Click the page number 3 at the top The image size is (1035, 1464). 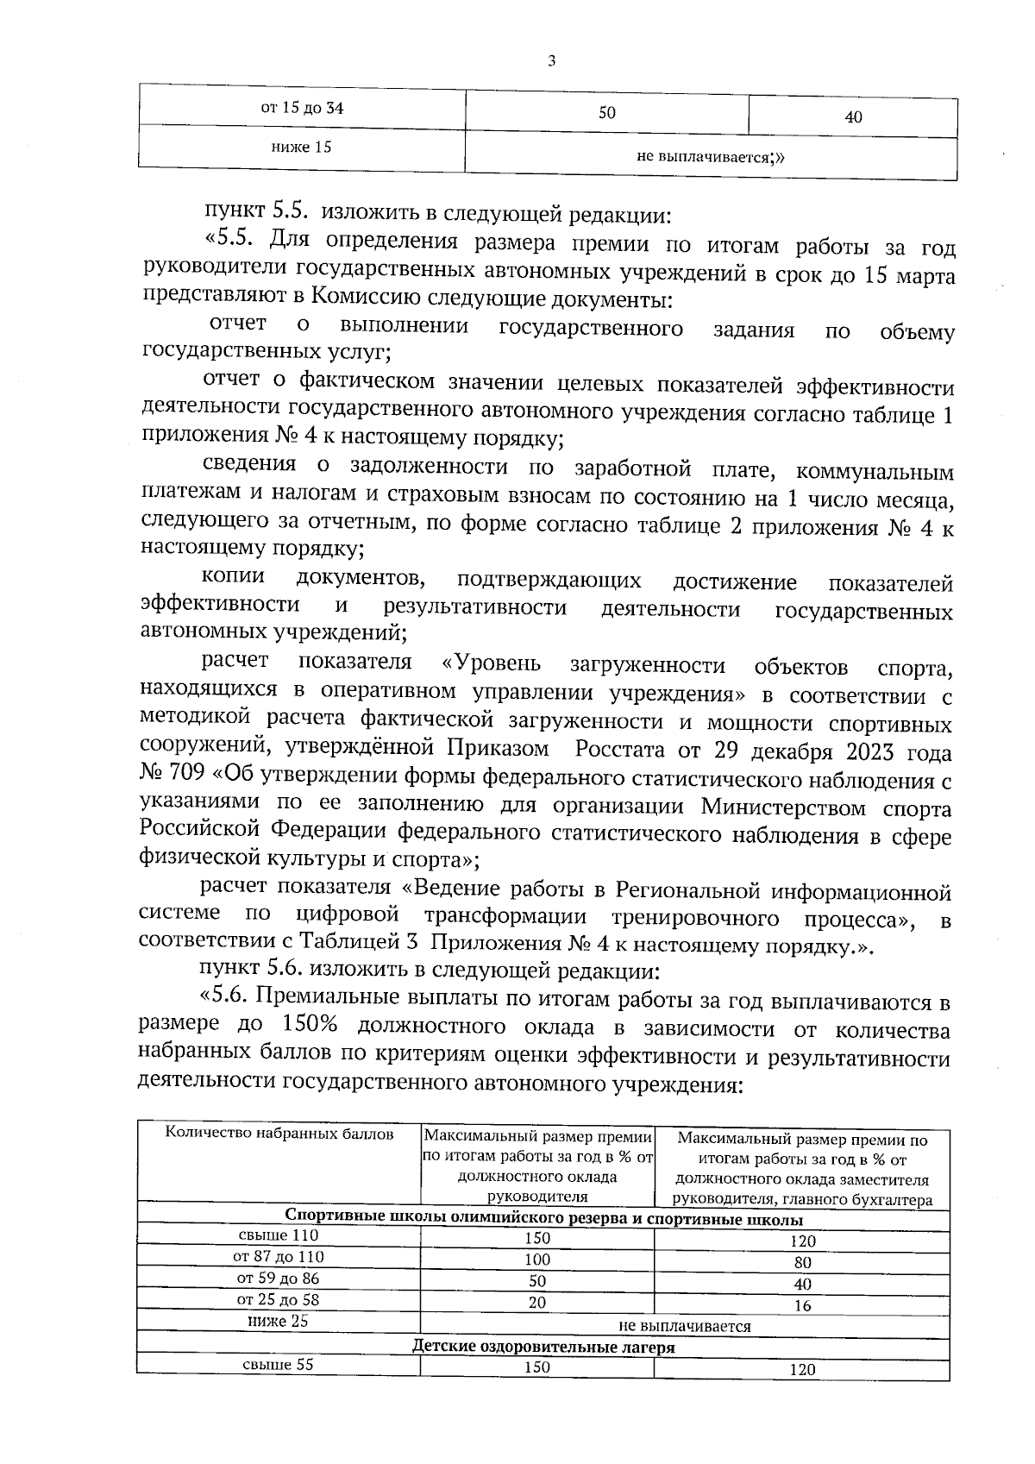click(x=551, y=61)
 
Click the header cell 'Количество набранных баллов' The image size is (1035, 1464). click(x=279, y=1134)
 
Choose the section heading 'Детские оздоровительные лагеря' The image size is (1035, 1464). click(x=543, y=1347)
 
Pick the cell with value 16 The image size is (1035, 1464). click(x=802, y=1305)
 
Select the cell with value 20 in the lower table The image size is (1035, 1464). click(x=536, y=1303)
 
